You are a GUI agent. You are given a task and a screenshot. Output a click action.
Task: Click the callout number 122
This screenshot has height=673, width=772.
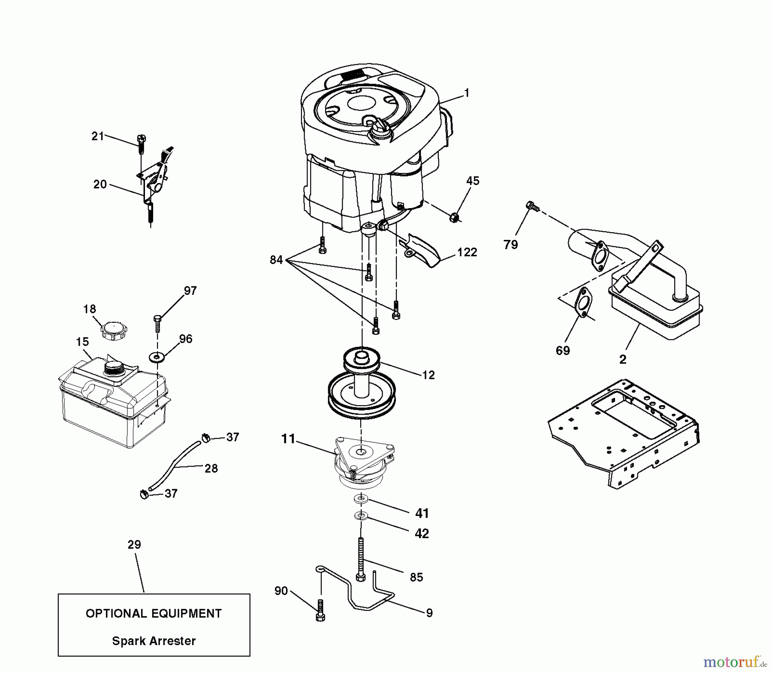point(467,252)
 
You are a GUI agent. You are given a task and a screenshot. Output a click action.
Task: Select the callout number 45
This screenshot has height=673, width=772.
point(473,181)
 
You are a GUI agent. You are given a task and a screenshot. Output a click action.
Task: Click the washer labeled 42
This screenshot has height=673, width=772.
point(361,515)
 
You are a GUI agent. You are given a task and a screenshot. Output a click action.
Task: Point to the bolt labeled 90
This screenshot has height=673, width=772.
point(320,611)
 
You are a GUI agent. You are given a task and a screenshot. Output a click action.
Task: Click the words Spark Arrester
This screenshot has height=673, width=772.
point(154,641)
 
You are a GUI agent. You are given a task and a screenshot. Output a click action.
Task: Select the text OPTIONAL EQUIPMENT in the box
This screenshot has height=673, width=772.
point(154,613)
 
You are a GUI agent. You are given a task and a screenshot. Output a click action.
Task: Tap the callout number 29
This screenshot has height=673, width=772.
point(134,545)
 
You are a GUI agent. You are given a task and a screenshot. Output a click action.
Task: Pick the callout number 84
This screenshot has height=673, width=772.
point(276,260)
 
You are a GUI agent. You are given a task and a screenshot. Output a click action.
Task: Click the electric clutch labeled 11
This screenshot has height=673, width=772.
point(362,466)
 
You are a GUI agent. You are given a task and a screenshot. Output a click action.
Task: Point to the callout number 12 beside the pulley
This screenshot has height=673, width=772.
point(428,375)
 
